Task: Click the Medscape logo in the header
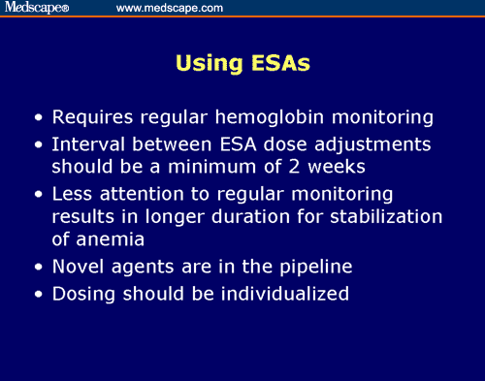(x=37, y=8)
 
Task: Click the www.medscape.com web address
(x=170, y=8)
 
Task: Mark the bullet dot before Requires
(x=38, y=120)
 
